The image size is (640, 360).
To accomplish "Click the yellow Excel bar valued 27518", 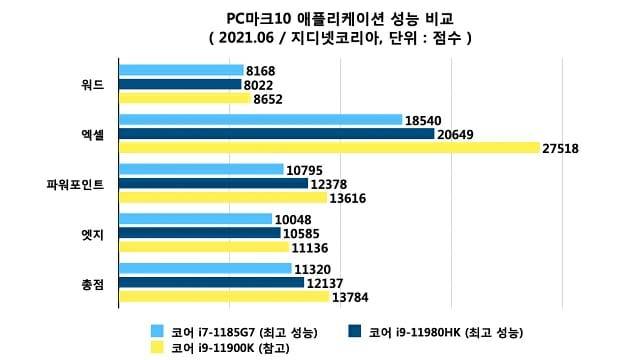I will tap(329, 148).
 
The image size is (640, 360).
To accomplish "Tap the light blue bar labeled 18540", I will tap(260, 120).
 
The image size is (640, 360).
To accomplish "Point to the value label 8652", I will tap(269, 99).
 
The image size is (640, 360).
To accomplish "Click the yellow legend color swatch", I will tap(157, 348).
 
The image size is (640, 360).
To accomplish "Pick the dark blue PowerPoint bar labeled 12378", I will tap(211, 184).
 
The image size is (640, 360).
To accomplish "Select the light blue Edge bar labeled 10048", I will tap(195, 219).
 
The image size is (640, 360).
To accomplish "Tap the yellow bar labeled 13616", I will tap(221, 198).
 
